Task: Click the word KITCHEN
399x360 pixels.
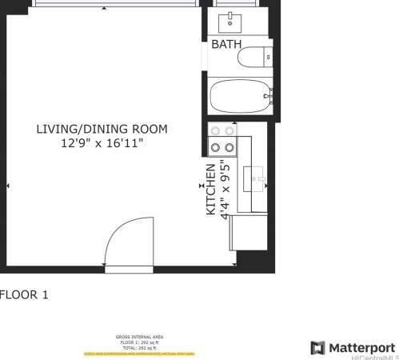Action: pyautogui.click(x=210, y=190)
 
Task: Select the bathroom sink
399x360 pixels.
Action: pyautogui.click(x=233, y=18)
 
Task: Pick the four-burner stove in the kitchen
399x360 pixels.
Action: pyautogui.click(x=221, y=139)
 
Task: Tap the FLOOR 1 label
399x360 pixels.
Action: pyautogui.click(x=24, y=294)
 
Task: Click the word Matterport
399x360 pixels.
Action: pyautogui.click(x=363, y=347)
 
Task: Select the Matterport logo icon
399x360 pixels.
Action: pyautogui.click(x=317, y=347)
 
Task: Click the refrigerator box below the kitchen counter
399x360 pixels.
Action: pyautogui.click(x=248, y=233)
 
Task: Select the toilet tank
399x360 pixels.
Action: pyautogui.click(x=268, y=58)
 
